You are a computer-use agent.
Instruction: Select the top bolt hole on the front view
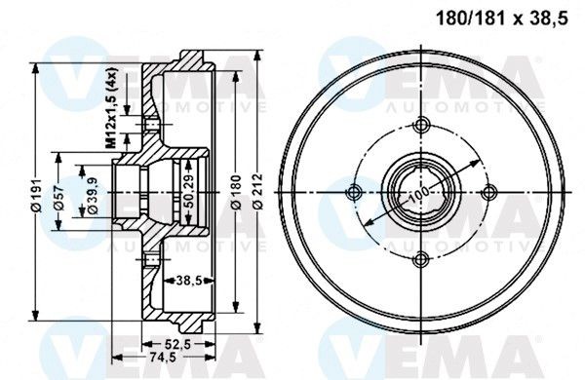tap(422, 127)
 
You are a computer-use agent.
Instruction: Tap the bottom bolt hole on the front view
tap(422, 258)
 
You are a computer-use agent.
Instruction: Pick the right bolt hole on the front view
tap(488, 192)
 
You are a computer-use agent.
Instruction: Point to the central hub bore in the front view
tap(422, 192)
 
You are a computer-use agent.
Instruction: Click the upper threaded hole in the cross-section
tap(150, 124)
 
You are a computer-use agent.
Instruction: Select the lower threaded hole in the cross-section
tap(150, 260)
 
